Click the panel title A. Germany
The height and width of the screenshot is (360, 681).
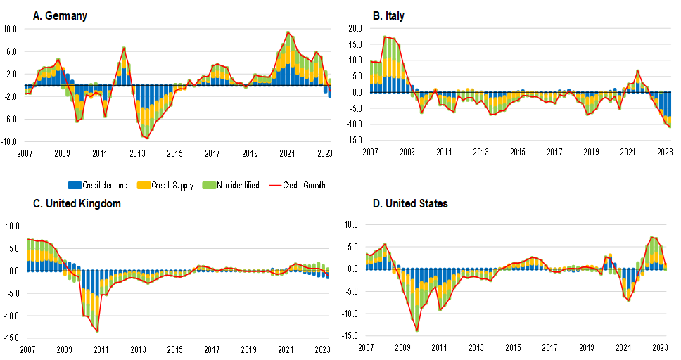(60, 15)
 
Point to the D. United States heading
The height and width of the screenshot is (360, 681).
(410, 204)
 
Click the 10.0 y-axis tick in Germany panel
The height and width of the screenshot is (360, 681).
(10, 30)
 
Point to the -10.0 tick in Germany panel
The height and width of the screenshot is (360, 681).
(9, 141)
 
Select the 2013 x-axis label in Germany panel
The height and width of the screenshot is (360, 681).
(136, 153)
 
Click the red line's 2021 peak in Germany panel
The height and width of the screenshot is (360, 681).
(288, 32)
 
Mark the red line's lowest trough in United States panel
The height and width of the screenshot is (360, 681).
(417, 330)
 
